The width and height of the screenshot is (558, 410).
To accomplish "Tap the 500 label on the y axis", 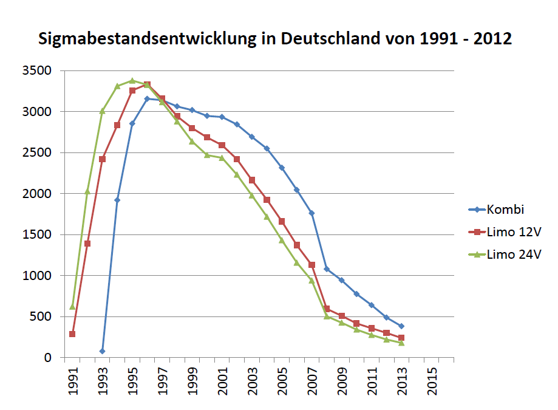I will pos(43,316).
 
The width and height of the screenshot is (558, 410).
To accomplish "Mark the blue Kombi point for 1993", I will pos(102,351).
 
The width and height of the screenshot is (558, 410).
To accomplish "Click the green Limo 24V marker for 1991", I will pos(72,306).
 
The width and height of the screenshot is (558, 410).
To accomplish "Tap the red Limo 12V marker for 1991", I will pos(72,334).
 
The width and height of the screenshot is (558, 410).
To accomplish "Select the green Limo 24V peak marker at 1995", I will pos(132,80).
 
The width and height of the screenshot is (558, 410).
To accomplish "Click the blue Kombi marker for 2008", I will pos(327,269).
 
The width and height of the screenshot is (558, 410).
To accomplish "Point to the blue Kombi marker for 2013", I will pos(401,326).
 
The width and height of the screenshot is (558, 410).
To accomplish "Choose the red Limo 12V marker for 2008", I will pos(327,309).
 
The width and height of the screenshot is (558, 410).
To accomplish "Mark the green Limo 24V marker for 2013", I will pos(401,343).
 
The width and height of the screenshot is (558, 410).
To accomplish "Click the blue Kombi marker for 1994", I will pos(117,200).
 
